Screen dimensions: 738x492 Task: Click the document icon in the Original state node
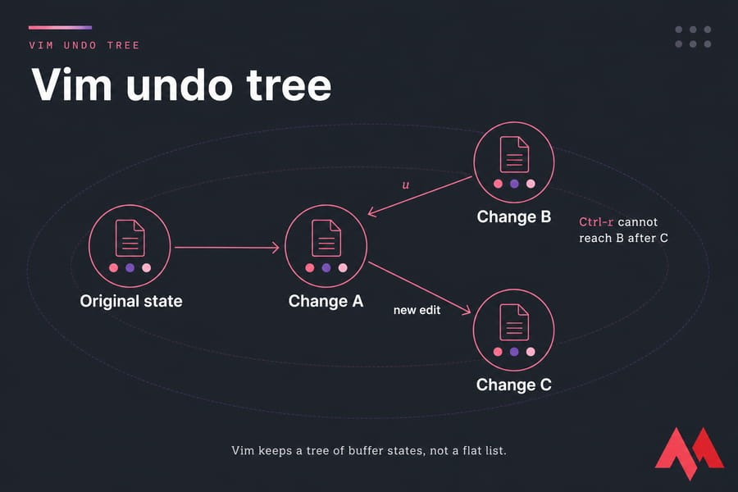point(130,238)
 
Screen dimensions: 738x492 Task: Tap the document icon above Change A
point(326,238)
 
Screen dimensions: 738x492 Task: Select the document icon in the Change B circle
point(514,154)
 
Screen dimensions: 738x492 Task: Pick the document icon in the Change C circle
point(514,322)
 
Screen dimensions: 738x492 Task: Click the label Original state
point(131,301)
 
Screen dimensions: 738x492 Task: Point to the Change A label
point(326,301)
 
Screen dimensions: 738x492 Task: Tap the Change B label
point(513,216)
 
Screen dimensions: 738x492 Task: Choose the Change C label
point(513,385)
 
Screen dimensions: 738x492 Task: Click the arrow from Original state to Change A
point(227,247)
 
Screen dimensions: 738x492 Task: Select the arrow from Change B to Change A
point(420,196)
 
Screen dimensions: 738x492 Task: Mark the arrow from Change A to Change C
point(419,288)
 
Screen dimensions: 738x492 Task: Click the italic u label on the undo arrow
point(406,185)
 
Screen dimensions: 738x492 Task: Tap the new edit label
point(417,310)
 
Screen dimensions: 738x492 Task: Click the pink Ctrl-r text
point(596,221)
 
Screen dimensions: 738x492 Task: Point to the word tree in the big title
point(289,85)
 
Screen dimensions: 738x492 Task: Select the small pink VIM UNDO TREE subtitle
point(84,45)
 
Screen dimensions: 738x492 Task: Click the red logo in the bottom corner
point(690,453)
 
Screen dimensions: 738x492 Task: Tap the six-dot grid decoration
point(693,37)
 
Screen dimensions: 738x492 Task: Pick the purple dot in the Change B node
point(514,184)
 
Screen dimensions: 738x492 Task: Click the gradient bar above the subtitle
point(60,28)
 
